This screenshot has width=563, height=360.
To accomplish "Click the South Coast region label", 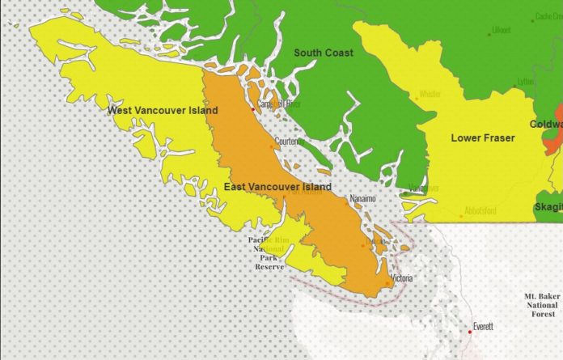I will [324, 53].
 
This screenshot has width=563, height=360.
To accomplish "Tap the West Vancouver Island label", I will [155, 110].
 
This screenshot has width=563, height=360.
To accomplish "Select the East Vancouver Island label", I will [277, 187].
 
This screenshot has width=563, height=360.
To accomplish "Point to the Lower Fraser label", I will [483, 138].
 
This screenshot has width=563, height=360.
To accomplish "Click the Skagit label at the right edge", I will [548, 208].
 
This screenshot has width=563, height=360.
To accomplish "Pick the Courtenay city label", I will [290, 141].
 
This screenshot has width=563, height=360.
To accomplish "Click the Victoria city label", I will [404, 278].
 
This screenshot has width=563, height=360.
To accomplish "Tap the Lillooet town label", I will [501, 31].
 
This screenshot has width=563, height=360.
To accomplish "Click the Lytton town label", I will [526, 82].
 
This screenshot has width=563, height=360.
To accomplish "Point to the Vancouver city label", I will [421, 188].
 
